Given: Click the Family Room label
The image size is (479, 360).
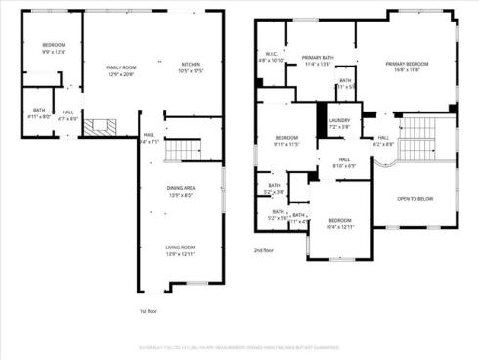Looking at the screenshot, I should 122,66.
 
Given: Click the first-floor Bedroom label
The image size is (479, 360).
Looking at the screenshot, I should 54,46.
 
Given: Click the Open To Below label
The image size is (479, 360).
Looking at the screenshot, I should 415,198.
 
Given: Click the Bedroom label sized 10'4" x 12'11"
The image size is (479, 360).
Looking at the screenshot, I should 340,221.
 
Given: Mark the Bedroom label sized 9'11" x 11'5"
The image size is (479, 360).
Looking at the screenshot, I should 286,137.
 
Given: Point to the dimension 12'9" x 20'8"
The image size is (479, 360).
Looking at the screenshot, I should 122,74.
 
